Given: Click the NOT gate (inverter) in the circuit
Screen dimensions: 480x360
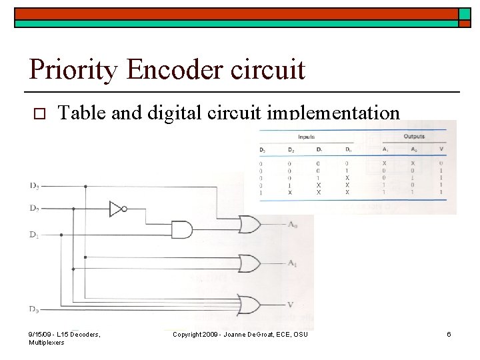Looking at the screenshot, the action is pyautogui.click(x=117, y=209).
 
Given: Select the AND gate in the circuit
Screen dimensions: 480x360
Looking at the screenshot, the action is pyautogui.click(x=181, y=230).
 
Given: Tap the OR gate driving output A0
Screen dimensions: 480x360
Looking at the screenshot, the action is pyautogui.click(x=249, y=225).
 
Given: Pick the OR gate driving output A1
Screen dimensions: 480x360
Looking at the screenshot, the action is pyautogui.click(x=249, y=264).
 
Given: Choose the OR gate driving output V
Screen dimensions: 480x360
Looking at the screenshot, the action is pyautogui.click(x=249, y=304).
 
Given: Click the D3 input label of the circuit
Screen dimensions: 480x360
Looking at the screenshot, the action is pyautogui.click(x=33, y=185).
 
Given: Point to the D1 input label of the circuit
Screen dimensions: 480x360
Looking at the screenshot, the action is pyautogui.click(x=33, y=235).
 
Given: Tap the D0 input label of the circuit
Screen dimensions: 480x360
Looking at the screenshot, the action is pyautogui.click(x=33, y=308).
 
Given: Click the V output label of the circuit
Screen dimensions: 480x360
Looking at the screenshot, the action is pyautogui.click(x=290, y=305).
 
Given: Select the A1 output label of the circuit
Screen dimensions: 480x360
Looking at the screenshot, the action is pyautogui.click(x=292, y=264).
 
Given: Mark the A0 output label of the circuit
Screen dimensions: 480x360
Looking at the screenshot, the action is pyautogui.click(x=292, y=225).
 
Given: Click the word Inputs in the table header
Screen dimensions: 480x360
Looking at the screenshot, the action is pyautogui.click(x=306, y=137).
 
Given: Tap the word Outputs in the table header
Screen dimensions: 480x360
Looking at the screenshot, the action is pyautogui.click(x=413, y=137).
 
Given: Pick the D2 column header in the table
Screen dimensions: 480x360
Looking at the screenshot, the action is pyautogui.click(x=290, y=149).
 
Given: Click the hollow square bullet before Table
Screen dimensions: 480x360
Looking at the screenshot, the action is pyautogui.click(x=37, y=114).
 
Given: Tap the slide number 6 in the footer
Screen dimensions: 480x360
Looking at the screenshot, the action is pyautogui.click(x=449, y=334).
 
